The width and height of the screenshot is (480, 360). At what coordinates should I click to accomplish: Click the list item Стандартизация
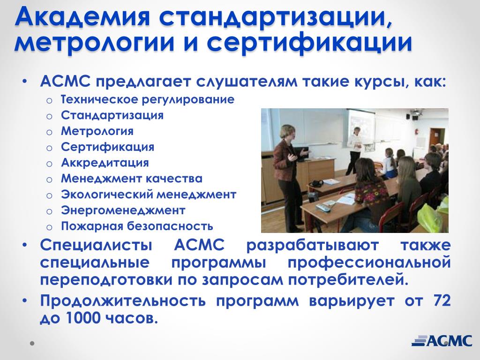click(x=112, y=115)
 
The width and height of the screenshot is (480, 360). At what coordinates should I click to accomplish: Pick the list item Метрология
click(x=97, y=131)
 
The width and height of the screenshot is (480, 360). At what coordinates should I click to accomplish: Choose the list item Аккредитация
click(x=105, y=163)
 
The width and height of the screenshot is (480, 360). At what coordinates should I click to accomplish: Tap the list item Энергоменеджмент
click(x=123, y=210)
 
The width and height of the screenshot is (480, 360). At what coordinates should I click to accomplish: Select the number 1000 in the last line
click(x=82, y=318)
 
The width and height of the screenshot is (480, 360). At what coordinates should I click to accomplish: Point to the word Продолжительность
click(x=123, y=300)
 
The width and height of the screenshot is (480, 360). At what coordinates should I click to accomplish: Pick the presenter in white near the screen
click(x=354, y=150)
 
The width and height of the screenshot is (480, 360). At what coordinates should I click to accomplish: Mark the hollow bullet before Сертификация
click(x=49, y=148)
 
